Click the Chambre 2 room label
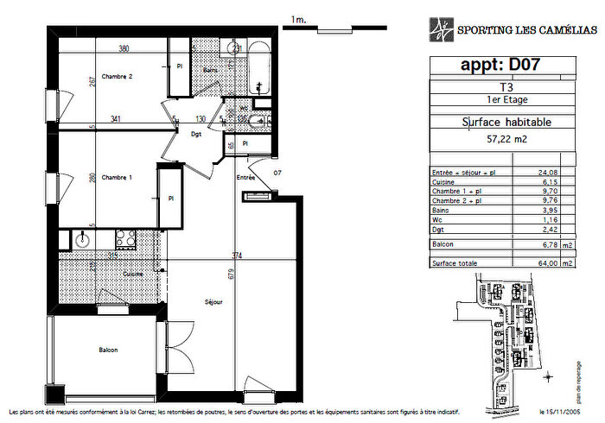pyautogui.click(x=117, y=76)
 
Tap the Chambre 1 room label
pyautogui.click(x=117, y=177)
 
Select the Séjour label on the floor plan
pyautogui.click(x=214, y=302)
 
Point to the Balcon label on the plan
pyautogui.click(x=107, y=350)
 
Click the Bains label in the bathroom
pyautogui.click(x=209, y=70)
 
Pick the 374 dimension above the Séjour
pyautogui.click(x=236, y=255)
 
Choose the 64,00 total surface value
pyautogui.click(x=544, y=263)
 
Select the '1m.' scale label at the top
pyautogui.click(x=299, y=18)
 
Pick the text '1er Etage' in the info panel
pyautogui.click(x=506, y=99)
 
